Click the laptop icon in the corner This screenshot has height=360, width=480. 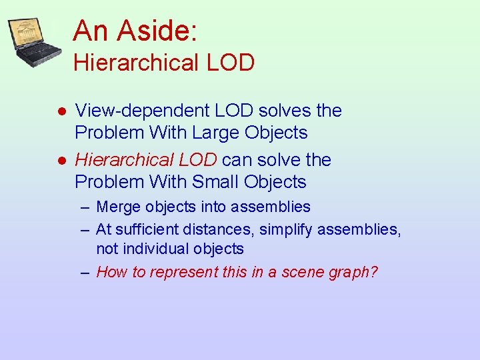[x=33, y=42]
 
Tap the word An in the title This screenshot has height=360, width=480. [x=92, y=30]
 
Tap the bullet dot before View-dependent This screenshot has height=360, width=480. [x=60, y=111]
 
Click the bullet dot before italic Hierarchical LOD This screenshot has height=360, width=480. [x=60, y=161]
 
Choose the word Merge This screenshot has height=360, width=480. [x=117, y=207]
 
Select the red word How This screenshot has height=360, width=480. [x=111, y=272]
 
